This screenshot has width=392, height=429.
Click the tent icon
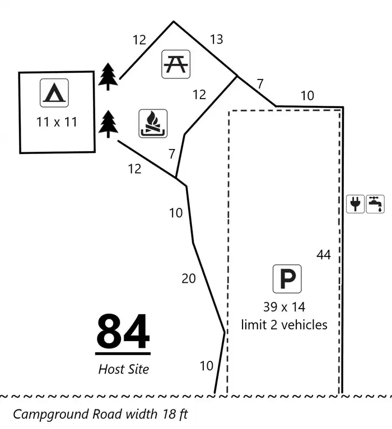coord(54,93)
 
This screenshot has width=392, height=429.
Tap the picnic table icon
coord(176,64)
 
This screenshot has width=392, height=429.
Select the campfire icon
coord(153,123)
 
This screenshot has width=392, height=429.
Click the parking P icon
coord(287,279)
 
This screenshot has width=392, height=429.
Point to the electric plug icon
coord(356,204)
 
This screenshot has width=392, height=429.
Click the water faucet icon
coord(375,204)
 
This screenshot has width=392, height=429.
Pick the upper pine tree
coord(108,76)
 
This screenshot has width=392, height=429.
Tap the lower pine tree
coord(108,124)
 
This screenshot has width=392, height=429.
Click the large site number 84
coord(123,331)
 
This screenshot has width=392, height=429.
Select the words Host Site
coord(124,369)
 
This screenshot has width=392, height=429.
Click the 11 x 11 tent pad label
coord(57,122)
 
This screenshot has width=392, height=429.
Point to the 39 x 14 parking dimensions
coord(284,307)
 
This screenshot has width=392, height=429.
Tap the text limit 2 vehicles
coord(284,325)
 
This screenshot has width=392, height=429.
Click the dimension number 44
coord(324,255)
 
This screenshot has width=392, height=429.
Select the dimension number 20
coord(189,279)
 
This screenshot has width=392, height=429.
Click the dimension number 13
coord(217,39)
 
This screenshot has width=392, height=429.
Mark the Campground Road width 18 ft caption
coord(100,414)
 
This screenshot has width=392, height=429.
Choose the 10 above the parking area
coord(307,96)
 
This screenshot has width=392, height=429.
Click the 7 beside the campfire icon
coord(172,154)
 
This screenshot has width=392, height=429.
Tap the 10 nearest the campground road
coord(207,366)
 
